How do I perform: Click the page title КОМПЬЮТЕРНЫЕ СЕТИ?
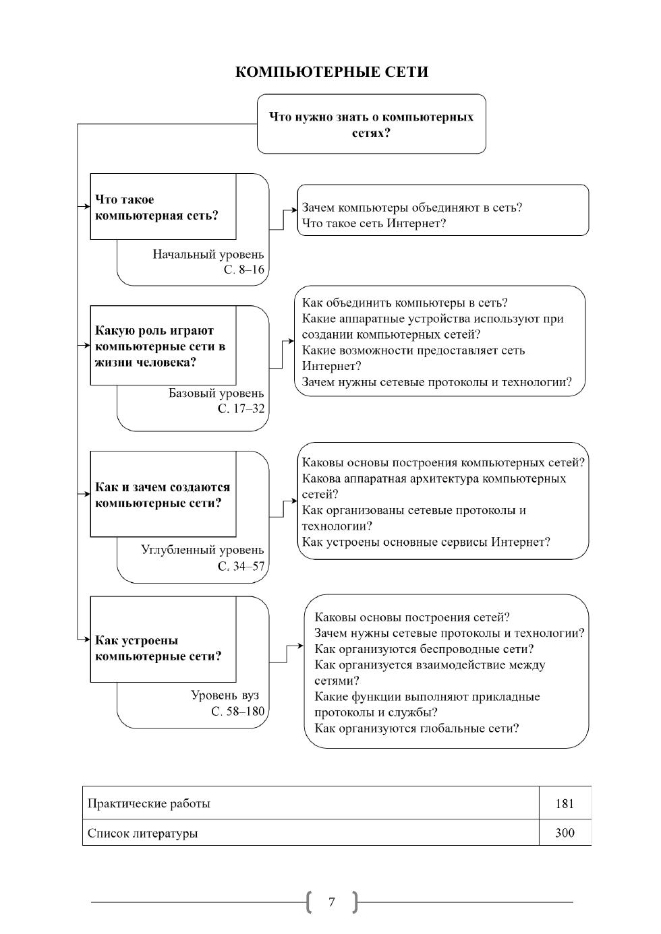(331, 72)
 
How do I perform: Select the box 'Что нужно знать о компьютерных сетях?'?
(371, 125)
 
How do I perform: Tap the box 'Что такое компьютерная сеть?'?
(163, 207)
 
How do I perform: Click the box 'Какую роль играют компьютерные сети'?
(163, 346)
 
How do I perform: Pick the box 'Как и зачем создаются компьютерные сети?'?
(163, 495)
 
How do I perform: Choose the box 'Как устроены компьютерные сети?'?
(163, 648)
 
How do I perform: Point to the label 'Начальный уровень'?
(208, 255)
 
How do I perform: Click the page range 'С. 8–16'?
(244, 270)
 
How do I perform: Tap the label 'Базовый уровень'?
(216, 393)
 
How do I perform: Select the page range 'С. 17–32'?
(241, 409)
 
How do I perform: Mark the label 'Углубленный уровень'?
(202, 550)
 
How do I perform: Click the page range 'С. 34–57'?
(241, 567)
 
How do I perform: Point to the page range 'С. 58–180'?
(237, 712)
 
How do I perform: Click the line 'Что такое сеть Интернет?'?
(374, 223)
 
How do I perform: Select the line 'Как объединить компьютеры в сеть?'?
(405, 303)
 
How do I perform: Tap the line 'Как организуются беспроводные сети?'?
(424, 649)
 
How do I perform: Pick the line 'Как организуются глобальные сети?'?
(416, 728)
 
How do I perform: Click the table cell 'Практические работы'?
(149, 803)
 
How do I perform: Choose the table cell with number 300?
(565, 833)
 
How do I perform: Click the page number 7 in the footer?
(331, 902)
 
